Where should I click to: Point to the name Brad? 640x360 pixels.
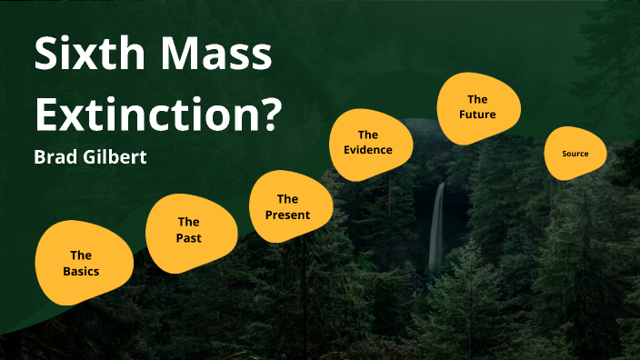55,157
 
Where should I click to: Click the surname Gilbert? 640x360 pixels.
114,157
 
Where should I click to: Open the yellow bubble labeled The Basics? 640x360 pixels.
83,263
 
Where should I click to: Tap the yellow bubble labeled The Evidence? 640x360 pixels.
368,143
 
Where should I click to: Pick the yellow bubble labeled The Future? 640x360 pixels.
478,107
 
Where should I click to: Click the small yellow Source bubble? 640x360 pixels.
575,154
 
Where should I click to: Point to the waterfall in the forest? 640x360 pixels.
437,227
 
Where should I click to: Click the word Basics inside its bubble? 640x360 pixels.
81,271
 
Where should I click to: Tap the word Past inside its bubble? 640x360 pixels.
189,238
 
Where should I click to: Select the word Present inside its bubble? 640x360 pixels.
287,215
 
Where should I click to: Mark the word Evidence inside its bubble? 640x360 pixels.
368,150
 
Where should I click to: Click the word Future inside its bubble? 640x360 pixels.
478,115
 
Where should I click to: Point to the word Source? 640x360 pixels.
575,154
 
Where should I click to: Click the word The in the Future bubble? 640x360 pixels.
478,99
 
